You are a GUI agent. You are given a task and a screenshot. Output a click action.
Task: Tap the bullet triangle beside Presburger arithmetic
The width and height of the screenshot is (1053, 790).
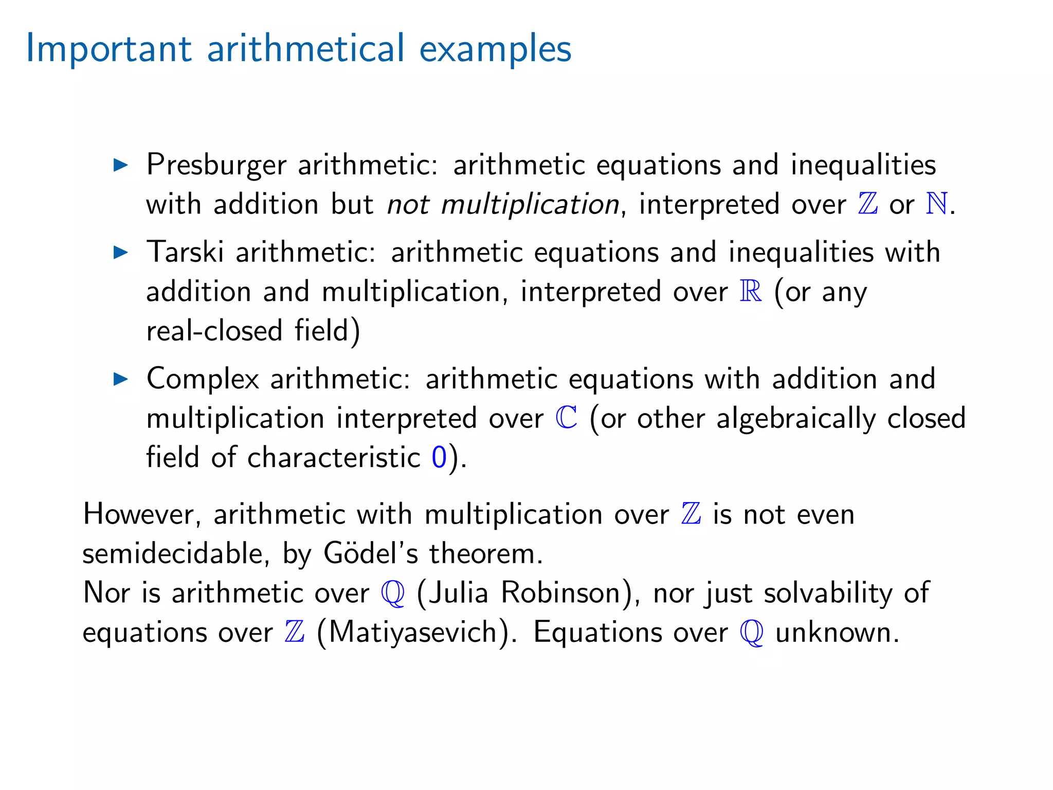(120, 165)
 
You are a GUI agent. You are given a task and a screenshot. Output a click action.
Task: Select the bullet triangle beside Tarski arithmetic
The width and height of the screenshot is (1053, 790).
(120, 252)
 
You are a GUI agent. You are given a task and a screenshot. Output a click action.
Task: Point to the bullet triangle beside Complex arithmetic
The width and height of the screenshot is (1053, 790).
(120, 379)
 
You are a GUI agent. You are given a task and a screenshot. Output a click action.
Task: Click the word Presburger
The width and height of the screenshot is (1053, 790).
(216, 166)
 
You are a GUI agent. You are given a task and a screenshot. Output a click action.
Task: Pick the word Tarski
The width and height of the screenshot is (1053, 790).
(185, 252)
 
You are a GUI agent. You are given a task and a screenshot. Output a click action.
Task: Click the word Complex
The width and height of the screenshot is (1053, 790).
(203, 380)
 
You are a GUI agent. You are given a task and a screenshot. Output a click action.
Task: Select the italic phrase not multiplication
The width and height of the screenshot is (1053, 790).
(503, 205)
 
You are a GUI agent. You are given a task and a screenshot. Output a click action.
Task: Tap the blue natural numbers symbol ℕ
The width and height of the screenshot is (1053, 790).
(936, 204)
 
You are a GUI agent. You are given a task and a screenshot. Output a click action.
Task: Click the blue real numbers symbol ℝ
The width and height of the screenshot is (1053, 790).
(751, 291)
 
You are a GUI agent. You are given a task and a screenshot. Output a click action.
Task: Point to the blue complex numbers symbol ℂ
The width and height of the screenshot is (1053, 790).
(566, 417)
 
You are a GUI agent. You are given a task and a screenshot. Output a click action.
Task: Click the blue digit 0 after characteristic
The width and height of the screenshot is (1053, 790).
(439, 457)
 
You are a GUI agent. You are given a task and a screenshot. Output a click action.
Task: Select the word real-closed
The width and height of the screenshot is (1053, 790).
(214, 330)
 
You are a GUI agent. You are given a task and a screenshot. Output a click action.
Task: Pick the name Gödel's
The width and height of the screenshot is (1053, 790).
(371, 553)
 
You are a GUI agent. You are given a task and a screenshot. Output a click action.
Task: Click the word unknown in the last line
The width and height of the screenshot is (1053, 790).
(837, 632)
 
